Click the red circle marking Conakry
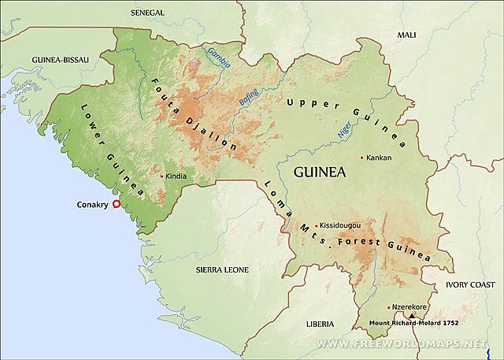pos(117,204)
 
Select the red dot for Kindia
pos(161,176)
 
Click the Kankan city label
pos(380,158)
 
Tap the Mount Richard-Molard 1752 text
pos(413,323)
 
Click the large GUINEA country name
pos(320,173)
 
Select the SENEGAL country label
pos(146,13)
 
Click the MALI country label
pos(406,35)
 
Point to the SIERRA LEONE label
pos(221,269)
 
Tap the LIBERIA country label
pos(322,323)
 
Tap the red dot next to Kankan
pos(362,158)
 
